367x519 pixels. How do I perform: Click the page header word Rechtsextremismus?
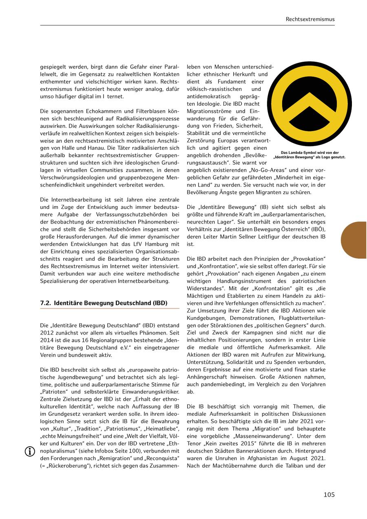310,19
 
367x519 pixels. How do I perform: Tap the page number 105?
329,495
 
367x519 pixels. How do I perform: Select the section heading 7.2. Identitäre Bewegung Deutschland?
104,303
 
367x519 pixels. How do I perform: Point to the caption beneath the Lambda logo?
310,155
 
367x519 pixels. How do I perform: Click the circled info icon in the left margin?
30,451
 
